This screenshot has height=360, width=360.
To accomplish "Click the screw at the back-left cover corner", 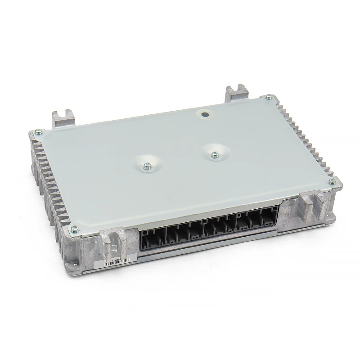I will click(38, 131).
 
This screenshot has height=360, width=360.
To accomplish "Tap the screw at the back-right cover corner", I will click(269, 97).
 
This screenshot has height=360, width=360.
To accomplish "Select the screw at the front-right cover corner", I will click(332, 181).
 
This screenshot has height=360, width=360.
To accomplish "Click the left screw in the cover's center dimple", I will click(147, 166).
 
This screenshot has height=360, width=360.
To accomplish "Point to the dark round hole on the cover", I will click(206, 115).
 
